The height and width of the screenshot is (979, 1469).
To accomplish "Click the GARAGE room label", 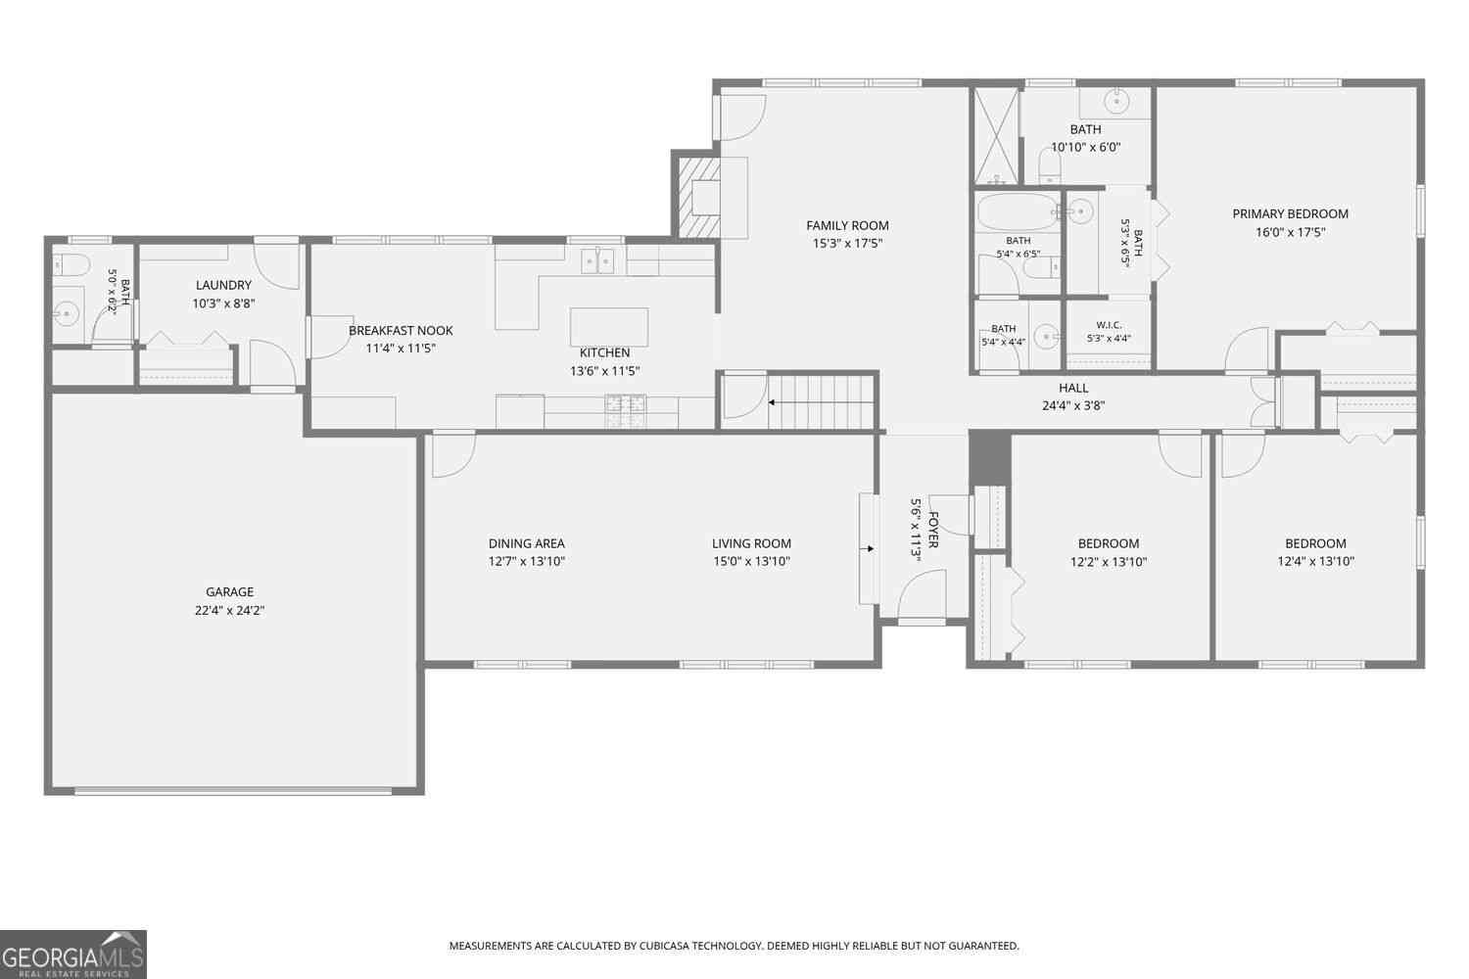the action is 229,591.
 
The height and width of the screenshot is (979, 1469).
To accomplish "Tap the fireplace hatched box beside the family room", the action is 699,198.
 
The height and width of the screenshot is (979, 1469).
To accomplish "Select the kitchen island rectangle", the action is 608,327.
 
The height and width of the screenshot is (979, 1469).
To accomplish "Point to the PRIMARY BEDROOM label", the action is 1290,213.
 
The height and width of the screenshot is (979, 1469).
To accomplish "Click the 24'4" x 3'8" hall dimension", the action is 1073,406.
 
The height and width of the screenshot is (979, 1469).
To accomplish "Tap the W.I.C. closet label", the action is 1109,325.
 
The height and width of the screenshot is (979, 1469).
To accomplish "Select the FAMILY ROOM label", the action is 847,225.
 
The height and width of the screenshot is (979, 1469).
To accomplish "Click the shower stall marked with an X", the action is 996,136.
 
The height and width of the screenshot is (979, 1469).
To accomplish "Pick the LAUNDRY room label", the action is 223,285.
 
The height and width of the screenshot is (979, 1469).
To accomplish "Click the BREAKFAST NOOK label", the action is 401,331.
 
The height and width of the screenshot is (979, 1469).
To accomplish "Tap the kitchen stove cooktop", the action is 626,411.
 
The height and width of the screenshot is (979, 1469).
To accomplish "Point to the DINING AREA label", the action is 526,543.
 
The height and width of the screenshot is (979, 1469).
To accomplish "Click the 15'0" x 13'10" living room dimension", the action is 751,562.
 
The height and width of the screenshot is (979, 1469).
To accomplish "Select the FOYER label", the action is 933,530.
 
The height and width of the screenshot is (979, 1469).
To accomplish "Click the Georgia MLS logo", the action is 72,955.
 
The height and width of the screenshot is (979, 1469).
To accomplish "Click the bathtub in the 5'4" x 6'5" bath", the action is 1017,211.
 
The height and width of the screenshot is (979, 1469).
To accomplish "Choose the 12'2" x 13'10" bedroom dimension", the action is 1109,562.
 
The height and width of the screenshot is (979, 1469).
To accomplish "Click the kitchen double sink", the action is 597,261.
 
